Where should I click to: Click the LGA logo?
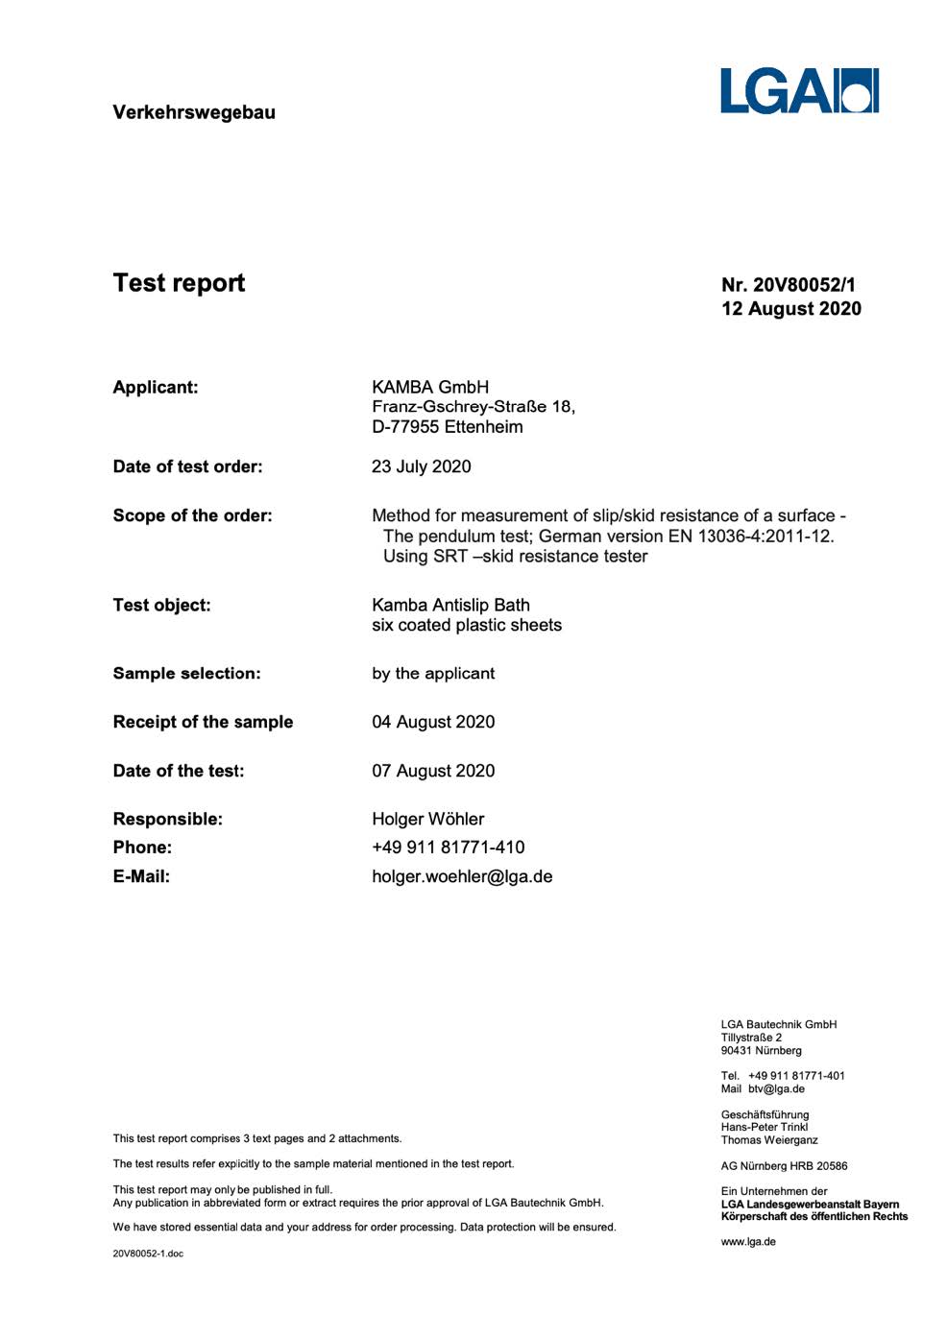[799, 91]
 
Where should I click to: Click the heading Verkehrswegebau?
[194, 112]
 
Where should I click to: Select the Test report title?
[179, 283]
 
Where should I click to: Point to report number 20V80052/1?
[804, 285]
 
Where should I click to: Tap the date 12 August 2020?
[791, 309]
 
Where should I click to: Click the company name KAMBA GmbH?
[430, 387]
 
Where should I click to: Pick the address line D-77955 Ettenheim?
[448, 427]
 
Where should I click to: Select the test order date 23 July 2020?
[422, 466]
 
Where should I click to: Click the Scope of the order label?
[192, 515]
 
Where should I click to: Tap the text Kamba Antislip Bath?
[450, 605]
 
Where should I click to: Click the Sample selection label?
[186, 673]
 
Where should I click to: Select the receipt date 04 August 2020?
[433, 722]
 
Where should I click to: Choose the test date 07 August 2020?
[433, 771]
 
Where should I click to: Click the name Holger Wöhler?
[428, 819]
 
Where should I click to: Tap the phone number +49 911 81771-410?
[449, 848]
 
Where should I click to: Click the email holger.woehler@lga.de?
[462, 876]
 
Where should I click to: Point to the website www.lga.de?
[748, 1241]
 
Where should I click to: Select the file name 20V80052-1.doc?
[148, 1254]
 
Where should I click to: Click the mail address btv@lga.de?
[776, 1088]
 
